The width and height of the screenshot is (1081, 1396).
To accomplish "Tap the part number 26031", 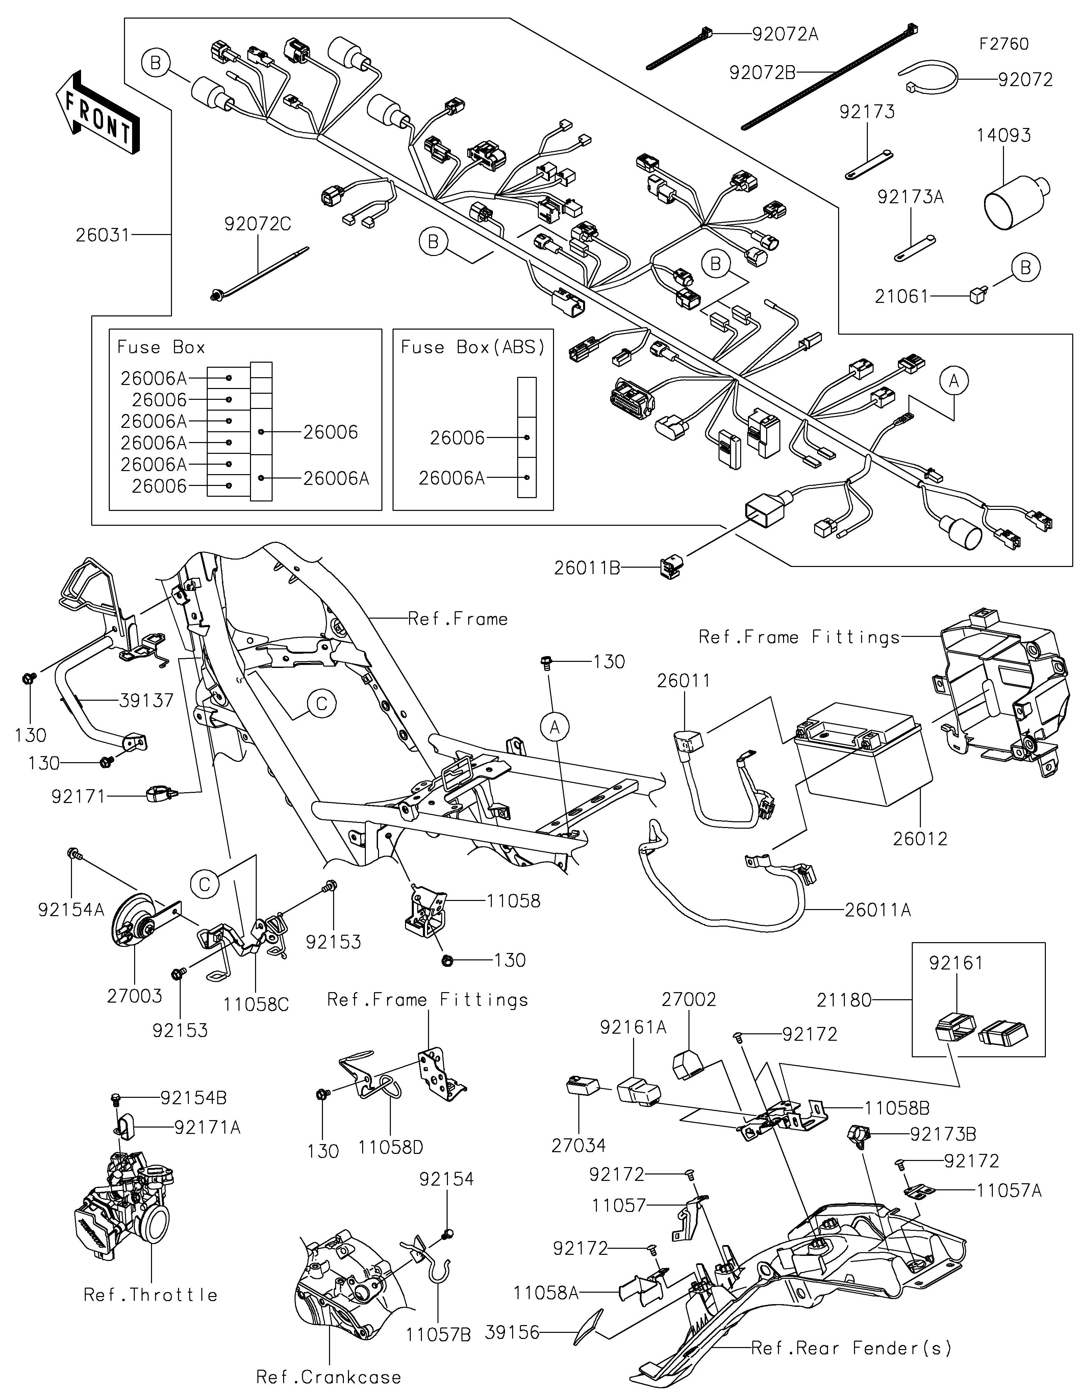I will coord(102,235).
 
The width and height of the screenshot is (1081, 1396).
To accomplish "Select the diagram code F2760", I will coord(1004,44).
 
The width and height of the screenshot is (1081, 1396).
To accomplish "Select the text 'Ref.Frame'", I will coord(458,619).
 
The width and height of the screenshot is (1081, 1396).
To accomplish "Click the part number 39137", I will coord(146,701).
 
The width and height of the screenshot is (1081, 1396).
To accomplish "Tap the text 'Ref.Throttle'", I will coord(151,1295).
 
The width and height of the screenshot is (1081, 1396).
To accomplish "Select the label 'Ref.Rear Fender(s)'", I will coord(851,1348).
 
